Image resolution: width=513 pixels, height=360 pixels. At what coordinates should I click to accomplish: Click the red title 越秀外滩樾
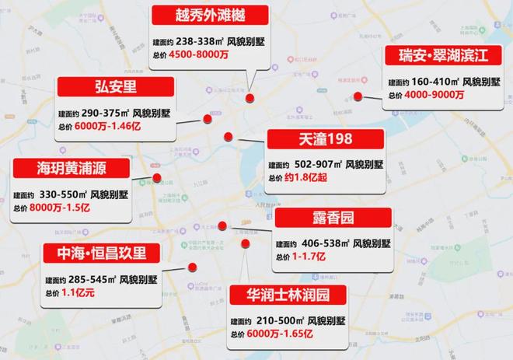pos(210,16)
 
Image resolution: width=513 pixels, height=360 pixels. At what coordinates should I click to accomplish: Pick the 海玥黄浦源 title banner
pos(70,169)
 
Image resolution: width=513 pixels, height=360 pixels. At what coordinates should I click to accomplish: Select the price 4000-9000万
pos(434,95)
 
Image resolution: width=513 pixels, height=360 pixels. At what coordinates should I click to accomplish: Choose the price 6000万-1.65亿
pos(282,334)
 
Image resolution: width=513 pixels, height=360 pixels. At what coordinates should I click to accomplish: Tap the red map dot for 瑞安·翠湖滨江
pos(358,96)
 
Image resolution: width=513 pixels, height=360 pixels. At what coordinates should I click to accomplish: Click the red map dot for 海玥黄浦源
pos(157,178)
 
